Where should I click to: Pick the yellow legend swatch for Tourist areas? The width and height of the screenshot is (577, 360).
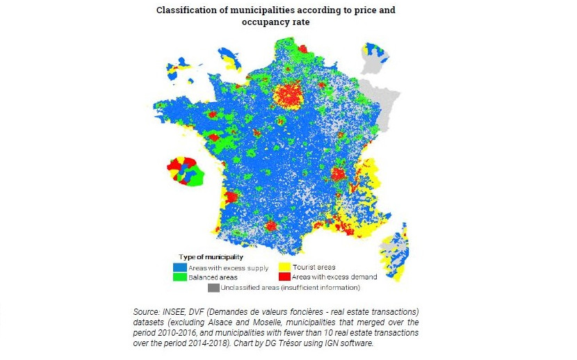pyautogui.click(x=284, y=268)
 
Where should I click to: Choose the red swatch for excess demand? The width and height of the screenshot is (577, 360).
pyautogui.click(x=284, y=277)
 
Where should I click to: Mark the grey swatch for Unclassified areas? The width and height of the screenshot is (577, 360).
pyautogui.click(x=213, y=286)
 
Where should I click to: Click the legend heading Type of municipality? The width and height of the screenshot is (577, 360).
pyautogui.click(x=211, y=257)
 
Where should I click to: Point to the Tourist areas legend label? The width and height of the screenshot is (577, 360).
pyautogui.click(x=315, y=268)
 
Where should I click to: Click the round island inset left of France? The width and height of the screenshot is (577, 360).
pyautogui.click(x=185, y=171)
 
